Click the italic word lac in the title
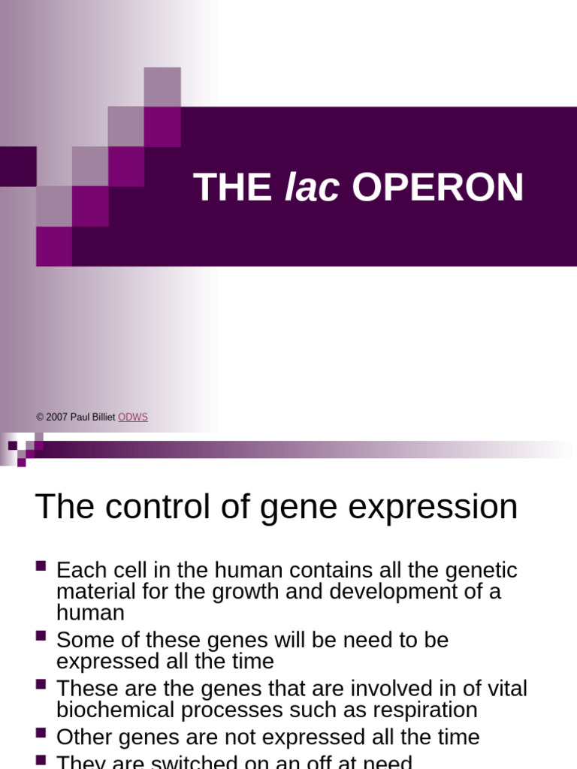pyautogui.click(x=311, y=188)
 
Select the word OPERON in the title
pyautogui.click(x=437, y=188)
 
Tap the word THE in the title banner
pyautogui.click(x=232, y=188)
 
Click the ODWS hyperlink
pyautogui.click(x=133, y=417)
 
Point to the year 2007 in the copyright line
pyautogui.click(x=57, y=417)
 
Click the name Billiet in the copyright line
pyautogui.click(x=103, y=417)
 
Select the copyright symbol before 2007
pyautogui.click(x=39, y=417)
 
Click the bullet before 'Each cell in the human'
pyautogui.click(x=41, y=565)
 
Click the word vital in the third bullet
pyautogui.click(x=508, y=689)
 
